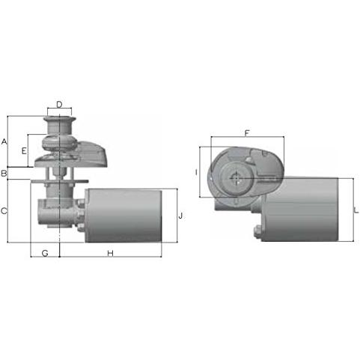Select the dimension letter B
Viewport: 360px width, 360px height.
click(4, 174)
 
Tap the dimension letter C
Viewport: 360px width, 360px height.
click(4, 212)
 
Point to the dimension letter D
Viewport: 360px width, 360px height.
click(59, 104)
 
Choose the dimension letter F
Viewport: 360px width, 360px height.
click(247, 132)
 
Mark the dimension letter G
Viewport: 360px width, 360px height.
click(45, 253)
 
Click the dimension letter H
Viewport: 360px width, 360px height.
click(110, 253)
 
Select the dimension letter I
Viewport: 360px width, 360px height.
click(195, 172)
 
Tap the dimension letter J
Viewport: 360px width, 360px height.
click(181, 216)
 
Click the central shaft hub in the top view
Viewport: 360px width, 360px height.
click(237, 179)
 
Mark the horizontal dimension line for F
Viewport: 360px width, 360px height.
click(247, 138)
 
